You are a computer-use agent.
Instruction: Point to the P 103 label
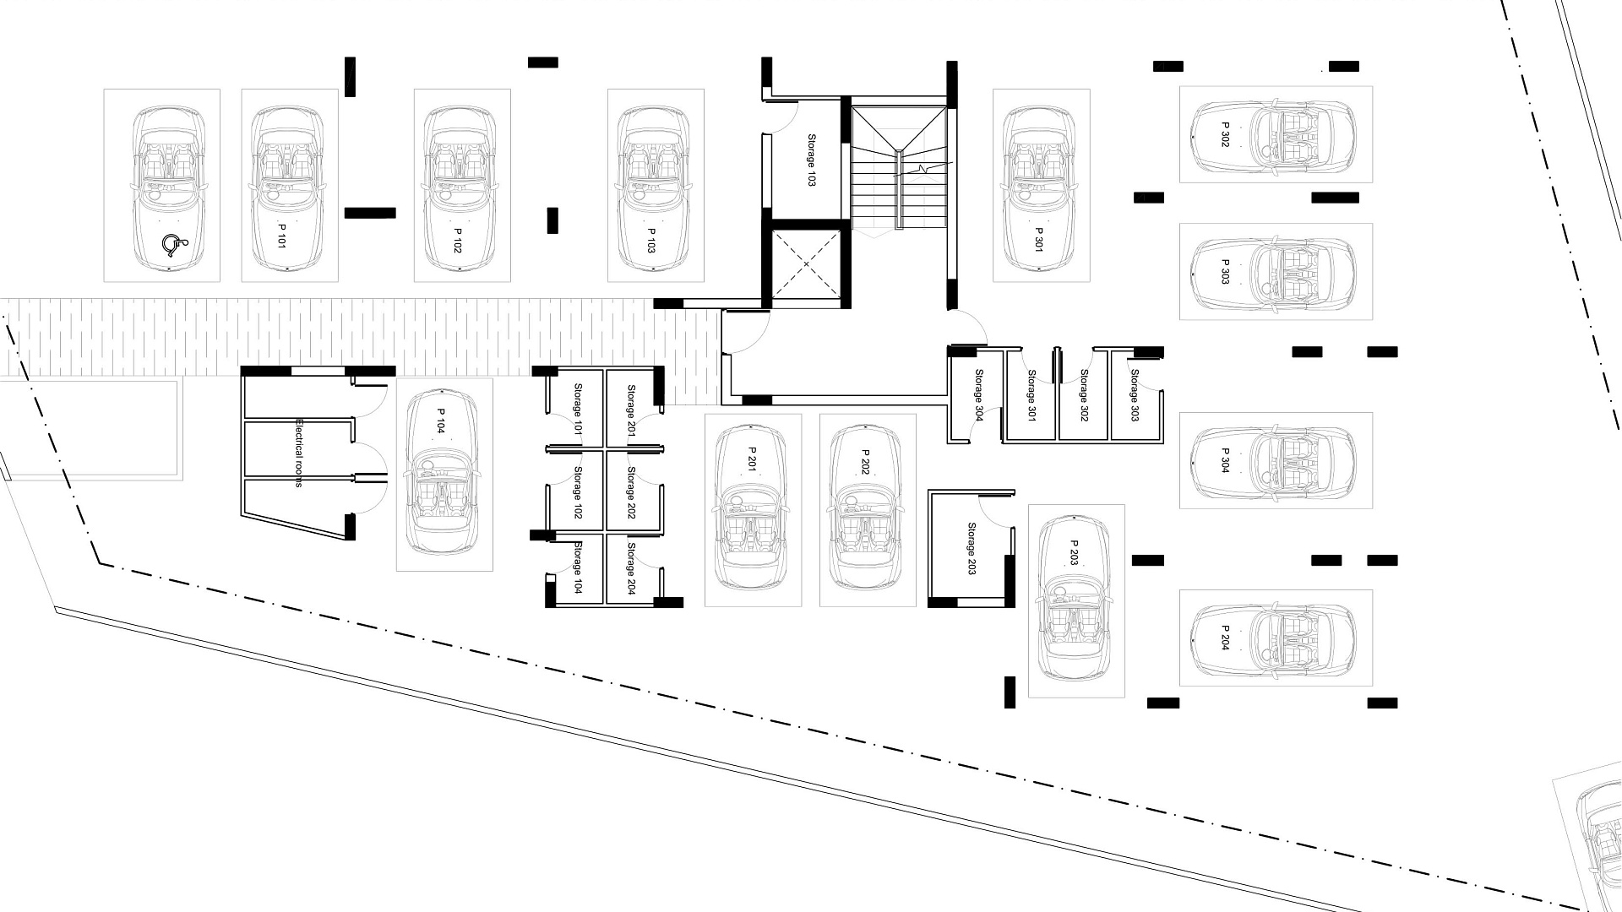(x=651, y=240)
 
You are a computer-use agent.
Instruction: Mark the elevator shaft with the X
(x=806, y=264)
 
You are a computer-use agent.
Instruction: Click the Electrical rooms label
(x=298, y=453)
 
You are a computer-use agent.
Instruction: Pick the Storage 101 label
(x=579, y=409)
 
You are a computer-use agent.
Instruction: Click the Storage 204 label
(x=631, y=568)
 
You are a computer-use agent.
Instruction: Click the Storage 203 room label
(x=972, y=548)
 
